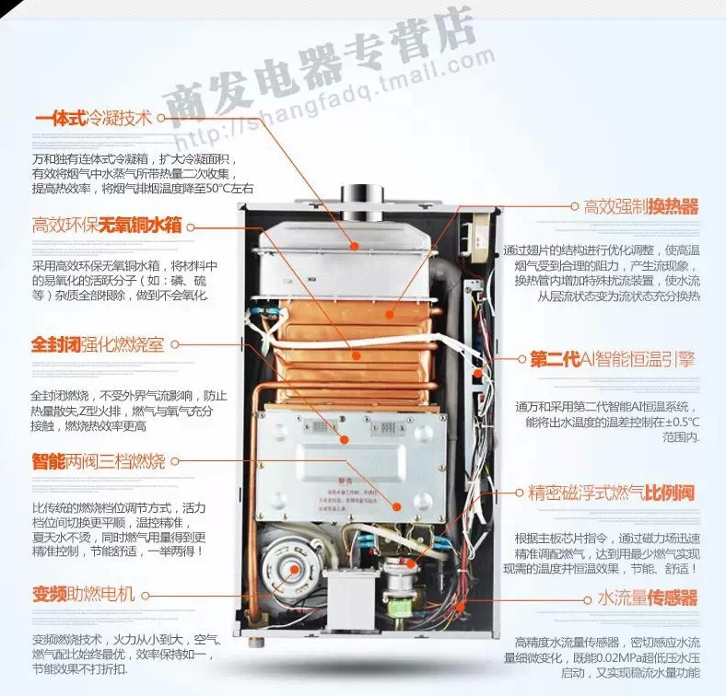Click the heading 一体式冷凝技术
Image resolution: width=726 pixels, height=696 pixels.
point(92,119)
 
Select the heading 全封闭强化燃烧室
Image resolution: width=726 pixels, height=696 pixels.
point(98,345)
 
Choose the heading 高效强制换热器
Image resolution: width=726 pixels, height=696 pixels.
point(641,206)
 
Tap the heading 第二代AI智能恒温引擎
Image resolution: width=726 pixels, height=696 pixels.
point(612,359)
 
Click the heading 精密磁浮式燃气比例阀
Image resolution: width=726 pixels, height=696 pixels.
point(611,493)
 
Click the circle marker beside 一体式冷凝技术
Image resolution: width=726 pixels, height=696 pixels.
point(160,118)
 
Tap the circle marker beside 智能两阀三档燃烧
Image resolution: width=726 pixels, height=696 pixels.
point(174,460)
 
